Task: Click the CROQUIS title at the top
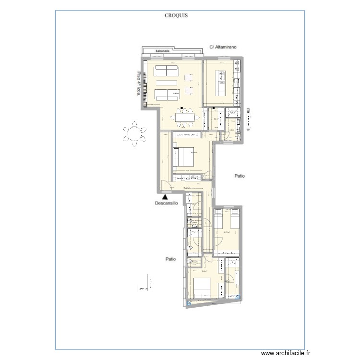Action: pyautogui.click(x=176, y=15)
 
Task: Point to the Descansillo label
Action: pyautogui.click(x=167, y=203)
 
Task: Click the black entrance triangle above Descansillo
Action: pyautogui.click(x=165, y=196)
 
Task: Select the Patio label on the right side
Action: pyautogui.click(x=240, y=176)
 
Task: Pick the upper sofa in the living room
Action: pyautogui.click(x=166, y=71)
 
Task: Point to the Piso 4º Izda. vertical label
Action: pyautogui.click(x=139, y=84)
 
